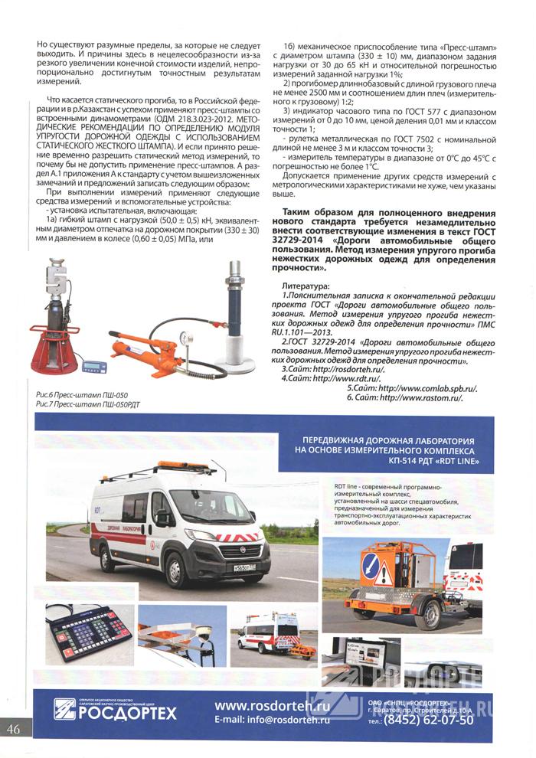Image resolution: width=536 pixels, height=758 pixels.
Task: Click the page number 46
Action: [x=15, y=728]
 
